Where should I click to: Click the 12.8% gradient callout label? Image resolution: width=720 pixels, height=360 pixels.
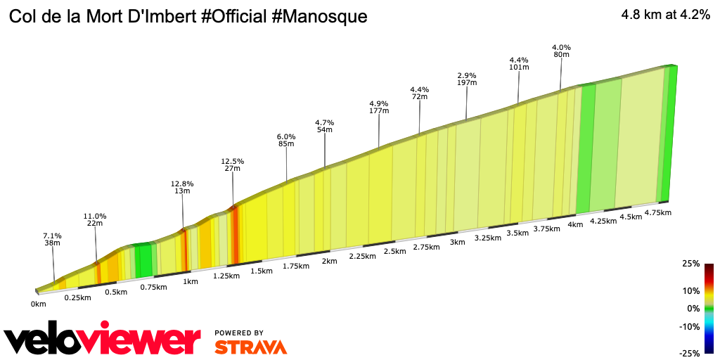(182, 184)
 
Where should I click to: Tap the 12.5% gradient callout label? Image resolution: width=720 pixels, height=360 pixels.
(233, 161)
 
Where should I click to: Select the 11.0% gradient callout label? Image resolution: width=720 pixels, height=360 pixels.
(95, 216)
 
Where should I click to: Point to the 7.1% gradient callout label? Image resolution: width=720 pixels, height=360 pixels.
(53, 236)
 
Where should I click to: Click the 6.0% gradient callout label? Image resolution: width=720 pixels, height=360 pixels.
(286, 136)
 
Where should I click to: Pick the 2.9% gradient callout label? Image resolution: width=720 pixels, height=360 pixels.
(467, 75)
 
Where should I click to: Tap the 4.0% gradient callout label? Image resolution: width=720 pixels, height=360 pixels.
(561, 48)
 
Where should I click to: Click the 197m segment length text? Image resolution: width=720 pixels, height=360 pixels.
(467, 83)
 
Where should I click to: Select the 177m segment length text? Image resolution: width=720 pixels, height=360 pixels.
(379, 111)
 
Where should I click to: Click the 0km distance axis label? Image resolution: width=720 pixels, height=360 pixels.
(38, 304)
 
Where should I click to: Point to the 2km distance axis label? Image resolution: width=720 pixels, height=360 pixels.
(329, 261)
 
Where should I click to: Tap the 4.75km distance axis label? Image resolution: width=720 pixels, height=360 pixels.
(657, 212)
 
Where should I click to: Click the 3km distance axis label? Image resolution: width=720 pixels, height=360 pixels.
(458, 243)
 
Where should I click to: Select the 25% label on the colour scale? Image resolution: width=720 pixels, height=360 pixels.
(691, 264)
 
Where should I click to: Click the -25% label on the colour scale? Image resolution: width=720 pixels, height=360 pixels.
(690, 353)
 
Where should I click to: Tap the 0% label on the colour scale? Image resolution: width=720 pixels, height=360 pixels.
(693, 309)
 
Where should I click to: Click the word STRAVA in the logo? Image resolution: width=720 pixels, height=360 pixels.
(250, 347)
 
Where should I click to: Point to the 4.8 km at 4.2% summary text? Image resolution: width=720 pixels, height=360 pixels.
(665, 16)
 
